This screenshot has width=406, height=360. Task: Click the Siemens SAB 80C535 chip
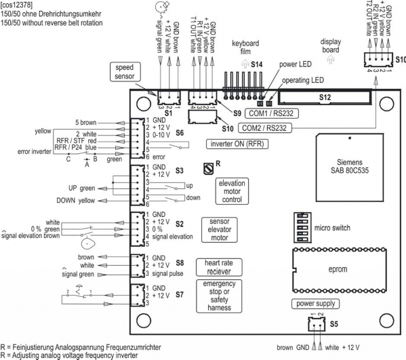350,167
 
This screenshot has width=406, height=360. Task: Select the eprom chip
340,270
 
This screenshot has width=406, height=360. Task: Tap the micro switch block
302,228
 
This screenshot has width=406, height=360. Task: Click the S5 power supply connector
317,324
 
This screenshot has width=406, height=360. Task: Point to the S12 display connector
325,98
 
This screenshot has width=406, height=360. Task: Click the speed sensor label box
125,72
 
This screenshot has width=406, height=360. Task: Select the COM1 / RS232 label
271,113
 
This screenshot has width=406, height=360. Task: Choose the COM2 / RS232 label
264,128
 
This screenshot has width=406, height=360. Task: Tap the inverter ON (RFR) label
237,144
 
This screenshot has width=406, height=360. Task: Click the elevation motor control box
232,191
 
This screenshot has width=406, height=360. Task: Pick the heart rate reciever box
219,267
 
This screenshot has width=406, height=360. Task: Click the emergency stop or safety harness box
219,296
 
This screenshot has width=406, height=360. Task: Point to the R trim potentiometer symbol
209,169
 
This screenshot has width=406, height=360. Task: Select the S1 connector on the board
169,98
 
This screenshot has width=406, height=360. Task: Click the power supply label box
315,304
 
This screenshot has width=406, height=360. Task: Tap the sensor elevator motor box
220,230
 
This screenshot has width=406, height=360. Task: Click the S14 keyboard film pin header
243,86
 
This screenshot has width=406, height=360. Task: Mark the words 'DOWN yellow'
76,201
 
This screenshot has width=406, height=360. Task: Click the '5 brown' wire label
85,123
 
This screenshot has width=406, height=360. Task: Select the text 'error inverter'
34,151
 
